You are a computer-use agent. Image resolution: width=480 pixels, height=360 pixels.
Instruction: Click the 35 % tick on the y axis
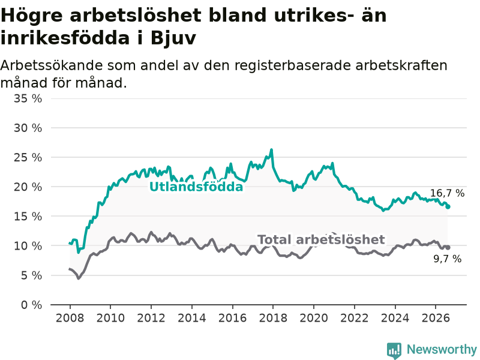[28, 98]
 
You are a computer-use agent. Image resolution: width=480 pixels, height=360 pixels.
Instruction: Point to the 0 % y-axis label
[32, 305]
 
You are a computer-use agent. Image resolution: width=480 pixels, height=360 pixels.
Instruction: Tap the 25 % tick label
[28, 157]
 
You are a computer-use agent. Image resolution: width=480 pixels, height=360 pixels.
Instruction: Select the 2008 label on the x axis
[70, 318]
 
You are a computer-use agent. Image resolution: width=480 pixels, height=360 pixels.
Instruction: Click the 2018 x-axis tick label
[273, 318]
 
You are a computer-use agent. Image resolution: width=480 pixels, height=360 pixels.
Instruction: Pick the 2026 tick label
[436, 318]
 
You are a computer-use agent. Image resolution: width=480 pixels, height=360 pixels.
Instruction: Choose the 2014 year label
[191, 318]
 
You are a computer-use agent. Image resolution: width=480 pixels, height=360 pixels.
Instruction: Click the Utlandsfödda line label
[196, 187]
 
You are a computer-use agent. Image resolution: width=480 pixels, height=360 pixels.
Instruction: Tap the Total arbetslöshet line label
[321, 239]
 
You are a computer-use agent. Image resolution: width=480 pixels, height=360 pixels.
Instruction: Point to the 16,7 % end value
[447, 193]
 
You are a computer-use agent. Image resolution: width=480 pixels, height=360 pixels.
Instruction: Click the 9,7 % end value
[447, 259]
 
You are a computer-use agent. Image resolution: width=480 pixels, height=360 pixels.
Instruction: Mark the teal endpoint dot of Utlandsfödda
[448, 207]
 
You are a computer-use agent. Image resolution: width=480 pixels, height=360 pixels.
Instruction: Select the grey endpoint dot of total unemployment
[448, 247]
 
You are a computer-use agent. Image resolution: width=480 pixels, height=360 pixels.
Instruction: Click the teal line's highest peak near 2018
[272, 149]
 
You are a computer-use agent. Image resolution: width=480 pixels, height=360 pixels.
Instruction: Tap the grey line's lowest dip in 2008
[79, 278]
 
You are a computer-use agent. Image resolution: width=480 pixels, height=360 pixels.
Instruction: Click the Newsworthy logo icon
[394, 350]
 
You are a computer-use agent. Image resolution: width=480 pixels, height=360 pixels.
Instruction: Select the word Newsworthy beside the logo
[442, 349]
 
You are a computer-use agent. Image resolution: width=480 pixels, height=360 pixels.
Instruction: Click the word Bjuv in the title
[173, 38]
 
